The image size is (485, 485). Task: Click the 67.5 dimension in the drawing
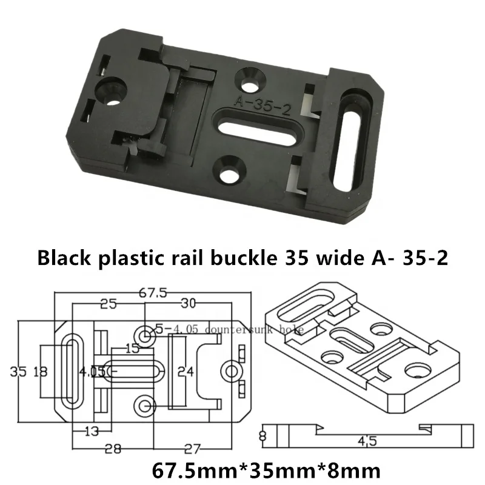coord(153,293)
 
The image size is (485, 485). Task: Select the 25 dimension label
coord(109,304)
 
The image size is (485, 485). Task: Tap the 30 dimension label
coord(189,304)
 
